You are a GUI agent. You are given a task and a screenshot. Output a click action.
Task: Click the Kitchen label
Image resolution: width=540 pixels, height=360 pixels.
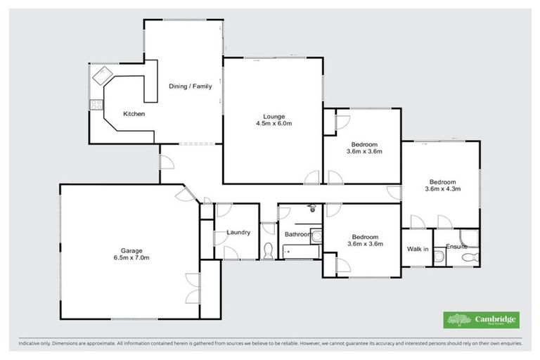tap(134, 113)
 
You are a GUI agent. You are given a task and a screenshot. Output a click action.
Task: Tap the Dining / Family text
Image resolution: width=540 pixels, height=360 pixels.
tap(190, 86)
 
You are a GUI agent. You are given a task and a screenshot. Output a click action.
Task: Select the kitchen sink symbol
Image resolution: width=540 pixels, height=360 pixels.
tap(103, 73)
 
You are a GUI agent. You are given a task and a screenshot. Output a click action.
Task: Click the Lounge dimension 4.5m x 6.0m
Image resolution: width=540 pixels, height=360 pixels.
tap(273, 123)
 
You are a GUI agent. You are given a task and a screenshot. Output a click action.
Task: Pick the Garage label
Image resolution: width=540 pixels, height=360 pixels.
tap(131, 250)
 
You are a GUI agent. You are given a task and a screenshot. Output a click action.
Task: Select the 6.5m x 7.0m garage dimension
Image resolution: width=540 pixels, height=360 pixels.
tap(131, 258)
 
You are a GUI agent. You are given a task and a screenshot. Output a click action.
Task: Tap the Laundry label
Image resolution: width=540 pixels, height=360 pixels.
tap(239, 233)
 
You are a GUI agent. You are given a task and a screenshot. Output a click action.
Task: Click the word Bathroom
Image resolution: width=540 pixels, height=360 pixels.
tap(298, 234)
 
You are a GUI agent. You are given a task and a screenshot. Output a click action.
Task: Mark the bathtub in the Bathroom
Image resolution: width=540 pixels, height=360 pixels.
tap(301, 251)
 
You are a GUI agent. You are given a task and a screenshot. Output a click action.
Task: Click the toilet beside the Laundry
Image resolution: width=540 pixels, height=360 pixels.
tap(268, 250)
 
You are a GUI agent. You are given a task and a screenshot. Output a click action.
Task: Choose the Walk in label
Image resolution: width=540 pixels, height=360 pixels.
tap(417, 249)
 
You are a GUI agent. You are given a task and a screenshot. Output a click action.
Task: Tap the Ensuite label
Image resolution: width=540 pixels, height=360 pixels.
tap(457, 247)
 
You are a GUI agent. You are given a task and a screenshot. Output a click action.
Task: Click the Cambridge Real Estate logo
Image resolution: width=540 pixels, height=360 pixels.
tap(481, 320)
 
